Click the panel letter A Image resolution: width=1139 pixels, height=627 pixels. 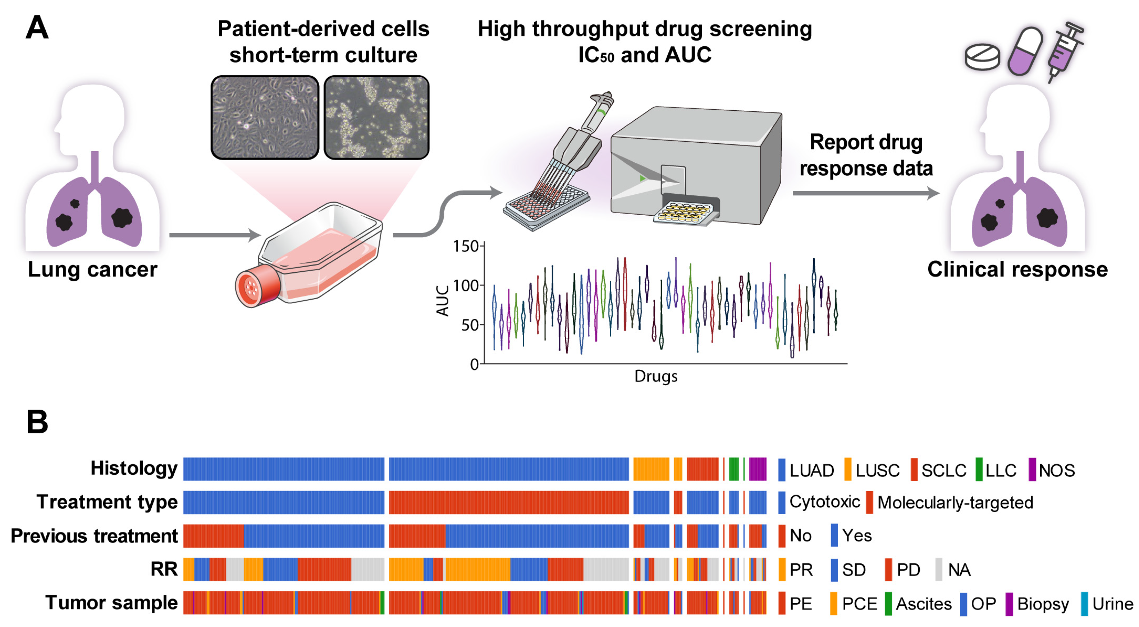point(37,27)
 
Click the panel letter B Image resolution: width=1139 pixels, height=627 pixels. point(37,422)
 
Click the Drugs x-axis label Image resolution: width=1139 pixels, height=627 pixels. point(656,377)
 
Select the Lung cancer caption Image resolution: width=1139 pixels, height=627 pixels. point(92,269)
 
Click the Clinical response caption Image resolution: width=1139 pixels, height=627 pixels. point(1017,269)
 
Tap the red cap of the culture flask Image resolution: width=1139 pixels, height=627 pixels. point(256,287)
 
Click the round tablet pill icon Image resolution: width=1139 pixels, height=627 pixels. point(982,56)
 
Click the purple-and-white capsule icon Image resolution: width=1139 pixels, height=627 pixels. point(1025,51)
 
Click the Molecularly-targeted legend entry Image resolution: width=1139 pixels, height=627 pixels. point(955,503)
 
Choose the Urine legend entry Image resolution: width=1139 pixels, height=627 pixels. point(1112,604)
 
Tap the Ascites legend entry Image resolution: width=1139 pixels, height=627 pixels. point(923,604)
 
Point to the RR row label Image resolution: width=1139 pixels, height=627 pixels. point(164,569)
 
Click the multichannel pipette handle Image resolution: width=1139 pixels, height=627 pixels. point(597,113)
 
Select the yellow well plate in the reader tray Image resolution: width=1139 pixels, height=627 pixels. point(683,212)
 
